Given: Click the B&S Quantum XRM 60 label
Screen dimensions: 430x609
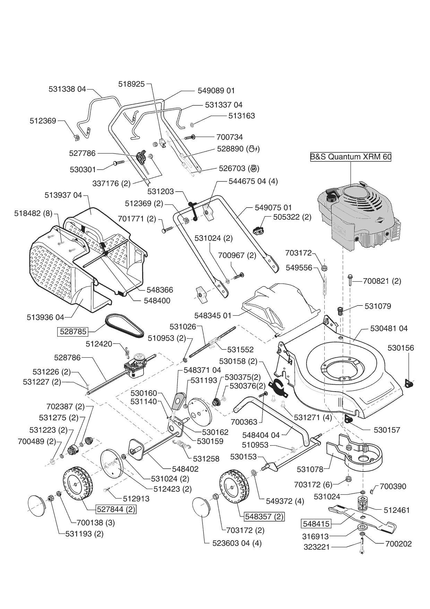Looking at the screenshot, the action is click(350, 157).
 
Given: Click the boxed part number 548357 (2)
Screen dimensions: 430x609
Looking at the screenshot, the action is click(264, 516).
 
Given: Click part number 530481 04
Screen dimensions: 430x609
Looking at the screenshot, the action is click(389, 328).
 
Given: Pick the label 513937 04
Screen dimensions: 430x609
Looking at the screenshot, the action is click(63, 195).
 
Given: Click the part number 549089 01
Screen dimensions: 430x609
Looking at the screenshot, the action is click(216, 90).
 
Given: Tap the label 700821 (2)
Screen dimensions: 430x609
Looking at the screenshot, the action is click(382, 281).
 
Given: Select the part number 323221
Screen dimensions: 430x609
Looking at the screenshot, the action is click(316, 547).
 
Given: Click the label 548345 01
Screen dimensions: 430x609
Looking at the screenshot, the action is click(213, 316).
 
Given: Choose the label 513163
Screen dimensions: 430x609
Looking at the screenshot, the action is click(241, 116).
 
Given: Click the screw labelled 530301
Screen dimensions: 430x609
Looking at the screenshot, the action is click(118, 162).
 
